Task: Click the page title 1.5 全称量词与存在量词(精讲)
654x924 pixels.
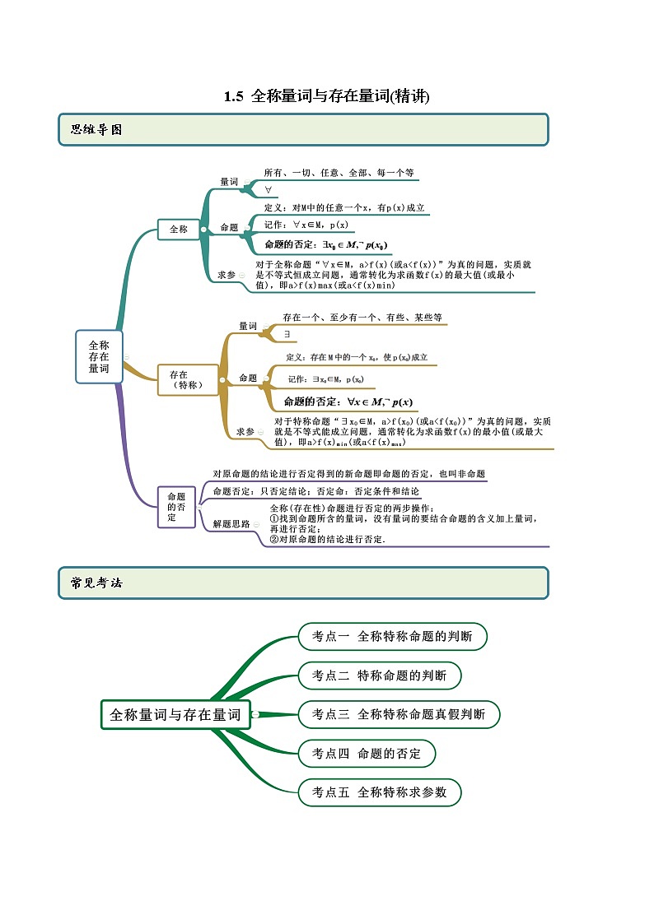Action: click(327, 96)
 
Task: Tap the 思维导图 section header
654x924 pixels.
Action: click(96, 129)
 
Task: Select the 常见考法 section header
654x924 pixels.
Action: click(96, 583)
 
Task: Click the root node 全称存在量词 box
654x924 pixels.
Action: click(99, 357)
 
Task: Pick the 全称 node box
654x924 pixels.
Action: click(179, 230)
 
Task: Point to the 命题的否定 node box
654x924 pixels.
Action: click(176, 507)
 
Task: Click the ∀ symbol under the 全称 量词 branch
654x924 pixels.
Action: click(269, 190)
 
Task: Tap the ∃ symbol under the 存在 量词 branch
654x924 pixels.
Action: click(287, 334)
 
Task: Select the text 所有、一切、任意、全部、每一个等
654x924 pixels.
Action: click(339, 173)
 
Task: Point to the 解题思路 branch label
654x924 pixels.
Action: click(231, 523)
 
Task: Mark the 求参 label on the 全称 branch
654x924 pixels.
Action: click(226, 274)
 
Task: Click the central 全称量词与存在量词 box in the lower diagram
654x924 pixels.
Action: click(175, 714)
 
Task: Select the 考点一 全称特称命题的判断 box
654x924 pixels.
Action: click(392, 636)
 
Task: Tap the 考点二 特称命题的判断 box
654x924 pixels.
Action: click(379, 676)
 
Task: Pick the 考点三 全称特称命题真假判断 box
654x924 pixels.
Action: click(399, 714)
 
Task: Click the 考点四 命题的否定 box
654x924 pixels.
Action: click(367, 753)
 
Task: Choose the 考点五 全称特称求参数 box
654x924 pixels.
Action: click(379, 792)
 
